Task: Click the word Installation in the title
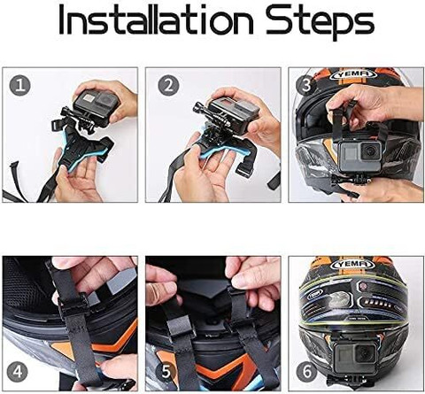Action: pos(157,20)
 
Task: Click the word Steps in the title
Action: pos(321,22)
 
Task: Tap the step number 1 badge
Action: pos(20,86)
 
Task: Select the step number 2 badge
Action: pos(168,86)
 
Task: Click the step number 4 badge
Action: pos(18,372)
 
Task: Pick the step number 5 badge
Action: pos(166,372)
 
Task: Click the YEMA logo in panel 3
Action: pos(354,74)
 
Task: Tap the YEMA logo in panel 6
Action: pos(354,264)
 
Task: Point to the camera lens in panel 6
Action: pos(365,353)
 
